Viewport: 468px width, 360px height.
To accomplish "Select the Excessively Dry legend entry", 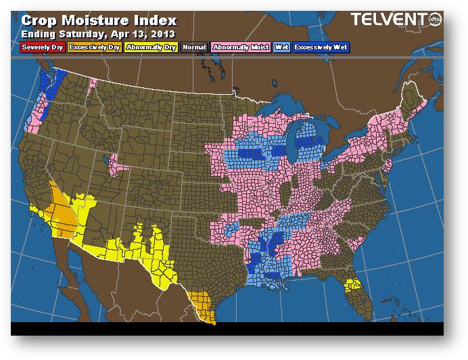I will click(95, 47).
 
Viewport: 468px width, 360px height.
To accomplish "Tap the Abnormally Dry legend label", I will click(151, 47).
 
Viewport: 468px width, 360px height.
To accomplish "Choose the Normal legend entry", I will click(194, 47).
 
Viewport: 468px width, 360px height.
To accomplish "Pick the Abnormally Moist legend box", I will click(240, 47).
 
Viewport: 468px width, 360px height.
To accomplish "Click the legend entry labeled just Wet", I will click(281, 47).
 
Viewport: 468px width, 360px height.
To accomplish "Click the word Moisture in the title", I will click(95, 21).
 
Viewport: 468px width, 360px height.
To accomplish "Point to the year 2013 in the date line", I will click(162, 33).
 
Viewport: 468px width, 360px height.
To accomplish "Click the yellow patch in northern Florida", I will click(352, 286).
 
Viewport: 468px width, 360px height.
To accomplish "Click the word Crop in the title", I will click(40, 21).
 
